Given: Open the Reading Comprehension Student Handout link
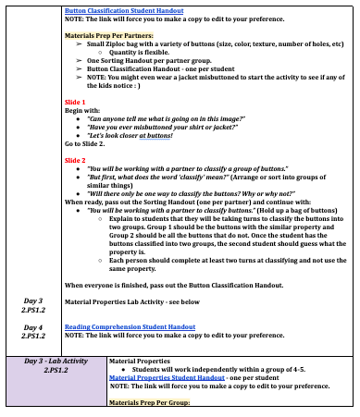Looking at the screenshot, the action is (130, 326).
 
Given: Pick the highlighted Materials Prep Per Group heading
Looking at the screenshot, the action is (149, 403).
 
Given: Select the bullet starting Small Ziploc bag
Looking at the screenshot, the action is (204, 43).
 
